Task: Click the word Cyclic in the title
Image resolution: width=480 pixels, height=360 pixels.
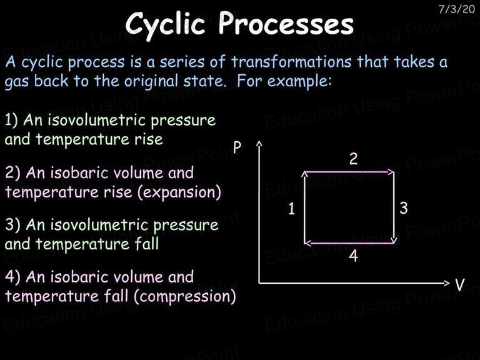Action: pyautogui.click(x=165, y=25)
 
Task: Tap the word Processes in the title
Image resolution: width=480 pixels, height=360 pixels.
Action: pyautogui.click(x=286, y=23)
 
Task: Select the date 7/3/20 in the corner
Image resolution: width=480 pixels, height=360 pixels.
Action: pyautogui.click(x=456, y=9)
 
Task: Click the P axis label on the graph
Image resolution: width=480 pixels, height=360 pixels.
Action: pyautogui.click(x=237, y=147)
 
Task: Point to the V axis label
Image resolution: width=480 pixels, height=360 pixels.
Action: pyautogui.click(x=459, y=284)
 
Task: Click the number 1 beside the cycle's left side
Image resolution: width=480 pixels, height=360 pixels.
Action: pyautogui.click(x=292, y=209)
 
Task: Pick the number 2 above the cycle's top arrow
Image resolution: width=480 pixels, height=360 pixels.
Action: pyautogui.click(x=353, y=159)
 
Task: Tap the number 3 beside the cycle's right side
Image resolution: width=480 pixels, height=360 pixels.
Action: pyautogui.click(x=404, y=208)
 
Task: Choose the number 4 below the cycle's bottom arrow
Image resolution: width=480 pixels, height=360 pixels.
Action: pyautogui.click(x=354, y=256)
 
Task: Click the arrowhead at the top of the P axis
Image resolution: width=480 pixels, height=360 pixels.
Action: pyautogui.click(x=259, y=142)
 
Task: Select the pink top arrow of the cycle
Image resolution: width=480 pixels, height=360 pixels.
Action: pyautogui.click(x=349, y=172)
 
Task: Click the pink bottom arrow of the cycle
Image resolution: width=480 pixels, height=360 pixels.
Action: pyautogui.click(x=349, y=243)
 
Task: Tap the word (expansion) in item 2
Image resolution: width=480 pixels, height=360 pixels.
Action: pyautogui.click(x=179, y=192)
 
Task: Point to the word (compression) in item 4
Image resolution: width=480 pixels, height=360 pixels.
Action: pyautogui.click(x=185, y=296)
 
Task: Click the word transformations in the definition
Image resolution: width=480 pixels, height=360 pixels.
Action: pyautogui.click(x=291, y=61)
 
